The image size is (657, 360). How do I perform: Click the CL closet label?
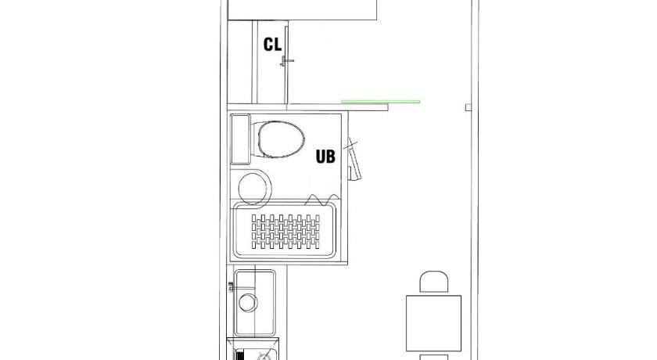(x=272, y=45)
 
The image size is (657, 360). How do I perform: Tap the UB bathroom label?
(x=325, y=157)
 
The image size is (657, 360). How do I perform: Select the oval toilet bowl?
(x=281, y=139)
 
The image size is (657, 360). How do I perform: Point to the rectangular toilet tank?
(x=241, y=139)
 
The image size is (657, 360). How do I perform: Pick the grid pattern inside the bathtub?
(x=285, y=232)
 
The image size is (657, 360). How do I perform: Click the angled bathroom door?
(x=354, y=159)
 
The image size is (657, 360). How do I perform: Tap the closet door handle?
(x=286, y=61)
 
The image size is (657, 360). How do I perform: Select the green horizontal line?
(x=380, y=102)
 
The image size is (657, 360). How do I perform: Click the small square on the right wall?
(x=469, y=107)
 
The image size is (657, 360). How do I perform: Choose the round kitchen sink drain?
(x=248, y=303)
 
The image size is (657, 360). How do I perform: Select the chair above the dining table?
(x=433, y=282)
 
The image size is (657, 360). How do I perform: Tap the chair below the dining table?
(x=433, y=357)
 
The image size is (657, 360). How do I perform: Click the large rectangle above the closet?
(x=302, y=10)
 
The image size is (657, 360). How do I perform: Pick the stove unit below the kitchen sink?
(x=253, y=349)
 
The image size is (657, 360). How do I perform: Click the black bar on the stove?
(x=240, y=355)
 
